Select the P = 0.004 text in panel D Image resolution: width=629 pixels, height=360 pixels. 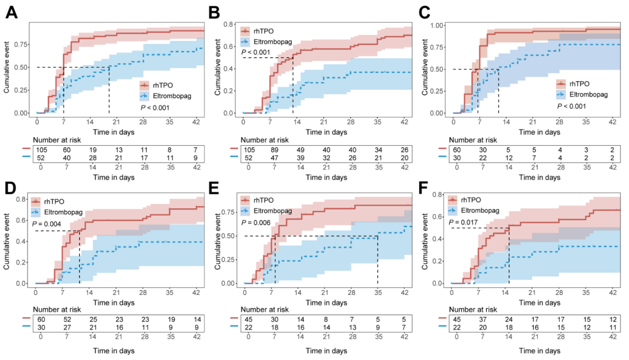48,224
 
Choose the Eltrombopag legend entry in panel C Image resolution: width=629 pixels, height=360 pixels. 587,95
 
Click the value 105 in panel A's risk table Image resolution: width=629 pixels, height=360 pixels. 41,150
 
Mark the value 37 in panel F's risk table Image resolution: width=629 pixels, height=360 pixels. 481,320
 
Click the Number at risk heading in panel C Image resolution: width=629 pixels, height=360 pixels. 474,139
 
